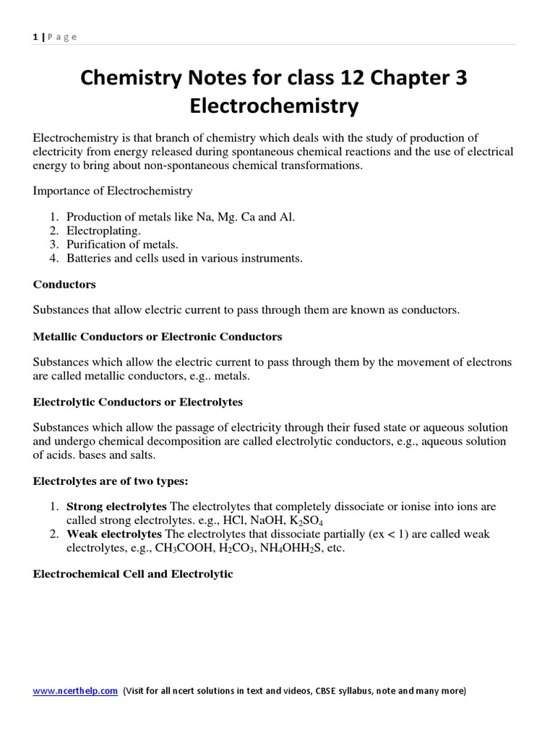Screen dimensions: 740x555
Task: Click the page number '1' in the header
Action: [x=35, y=37]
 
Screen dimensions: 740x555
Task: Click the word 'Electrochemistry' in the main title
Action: [x=274, y=106]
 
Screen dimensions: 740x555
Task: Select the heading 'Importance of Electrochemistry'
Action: [x=113, y=192]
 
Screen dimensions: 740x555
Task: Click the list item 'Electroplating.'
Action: [x=103, y=231]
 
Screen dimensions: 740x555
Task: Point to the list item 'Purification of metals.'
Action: [x=122, y=245]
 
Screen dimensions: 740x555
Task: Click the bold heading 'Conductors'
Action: [x=64, y=284]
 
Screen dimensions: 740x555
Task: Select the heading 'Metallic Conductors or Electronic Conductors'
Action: [x=158, y=337]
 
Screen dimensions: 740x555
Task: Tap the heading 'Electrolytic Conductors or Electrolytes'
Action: [x=138, y=402]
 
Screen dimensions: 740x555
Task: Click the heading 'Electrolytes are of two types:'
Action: [x=111, y=481]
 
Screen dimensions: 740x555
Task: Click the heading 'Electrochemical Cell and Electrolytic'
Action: [x=133, y=574]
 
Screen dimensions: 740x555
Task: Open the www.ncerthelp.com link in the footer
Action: [x=75, y=691]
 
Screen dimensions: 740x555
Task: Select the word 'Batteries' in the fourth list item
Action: [x=88, y=258]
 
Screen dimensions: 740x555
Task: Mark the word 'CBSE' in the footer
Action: [x=330, y=691]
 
